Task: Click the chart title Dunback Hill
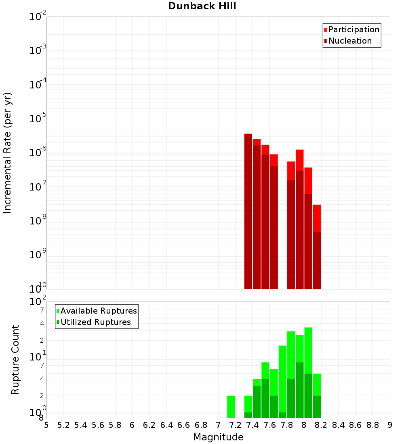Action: pos(202,6)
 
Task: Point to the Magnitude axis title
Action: pos(218,437)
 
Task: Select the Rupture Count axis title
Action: pos(15,360)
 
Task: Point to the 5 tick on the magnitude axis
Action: pos(46,425)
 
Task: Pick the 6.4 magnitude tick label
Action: pos(166,425)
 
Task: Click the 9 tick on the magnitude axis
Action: pos(390,425)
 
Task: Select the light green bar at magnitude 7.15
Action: pos(231,406)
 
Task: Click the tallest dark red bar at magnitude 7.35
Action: pos(248,210)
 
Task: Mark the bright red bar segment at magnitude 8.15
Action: pos(317,218)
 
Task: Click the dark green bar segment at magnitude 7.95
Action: pos(300,390)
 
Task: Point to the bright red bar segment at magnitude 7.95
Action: pos(300,160)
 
